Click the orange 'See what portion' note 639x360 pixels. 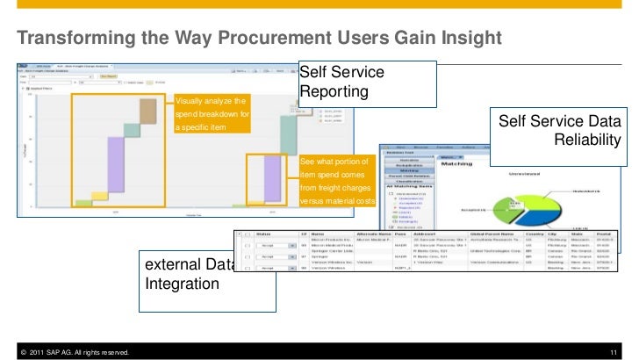pyautogui.click(x=336, y=182)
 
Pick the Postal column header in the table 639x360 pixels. pyautogui.click(x=605, y=235)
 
